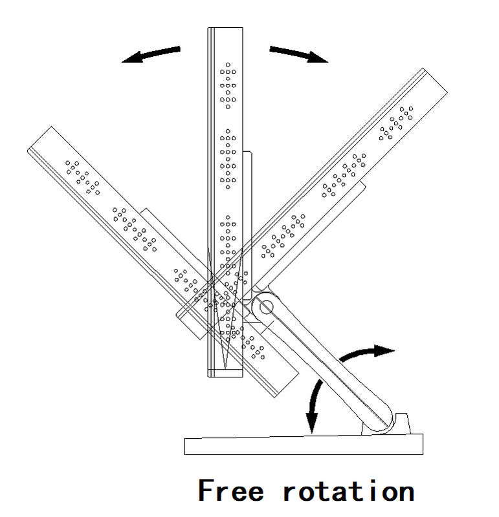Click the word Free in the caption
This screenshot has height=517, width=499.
tap(230, 491)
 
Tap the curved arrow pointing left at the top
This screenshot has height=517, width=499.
tap(151, 55)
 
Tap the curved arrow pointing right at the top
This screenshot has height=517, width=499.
tap(298, 54)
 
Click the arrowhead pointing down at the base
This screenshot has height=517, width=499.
tap(312, 423)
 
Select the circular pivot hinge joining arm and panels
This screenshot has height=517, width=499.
tap(265, 308)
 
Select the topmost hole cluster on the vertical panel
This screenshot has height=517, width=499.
tap(228, 85)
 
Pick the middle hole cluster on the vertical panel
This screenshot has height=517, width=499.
tap(228, 158)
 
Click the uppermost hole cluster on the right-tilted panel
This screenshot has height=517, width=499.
tap(397, 122)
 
